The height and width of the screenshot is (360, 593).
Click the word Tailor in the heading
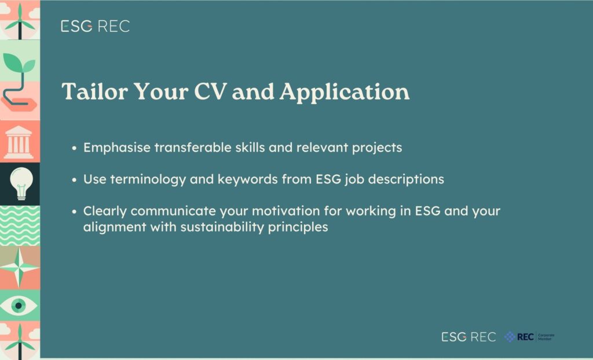[94, 91]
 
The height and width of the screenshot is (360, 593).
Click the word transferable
[193, 147]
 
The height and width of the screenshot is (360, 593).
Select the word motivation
[285, 211]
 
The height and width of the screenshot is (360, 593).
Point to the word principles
[298, 227]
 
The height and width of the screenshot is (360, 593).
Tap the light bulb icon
[21, 183]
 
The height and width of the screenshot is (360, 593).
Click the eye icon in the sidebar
[18, 305]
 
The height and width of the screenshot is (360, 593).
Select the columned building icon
[18, 142]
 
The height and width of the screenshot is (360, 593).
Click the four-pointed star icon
[19, 267]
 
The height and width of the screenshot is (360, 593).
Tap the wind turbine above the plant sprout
[20, 21]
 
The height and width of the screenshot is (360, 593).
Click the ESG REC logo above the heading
[96, 26]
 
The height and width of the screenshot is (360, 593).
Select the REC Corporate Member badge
[529, 336]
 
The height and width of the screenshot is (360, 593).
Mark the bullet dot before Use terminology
[74, 179]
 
